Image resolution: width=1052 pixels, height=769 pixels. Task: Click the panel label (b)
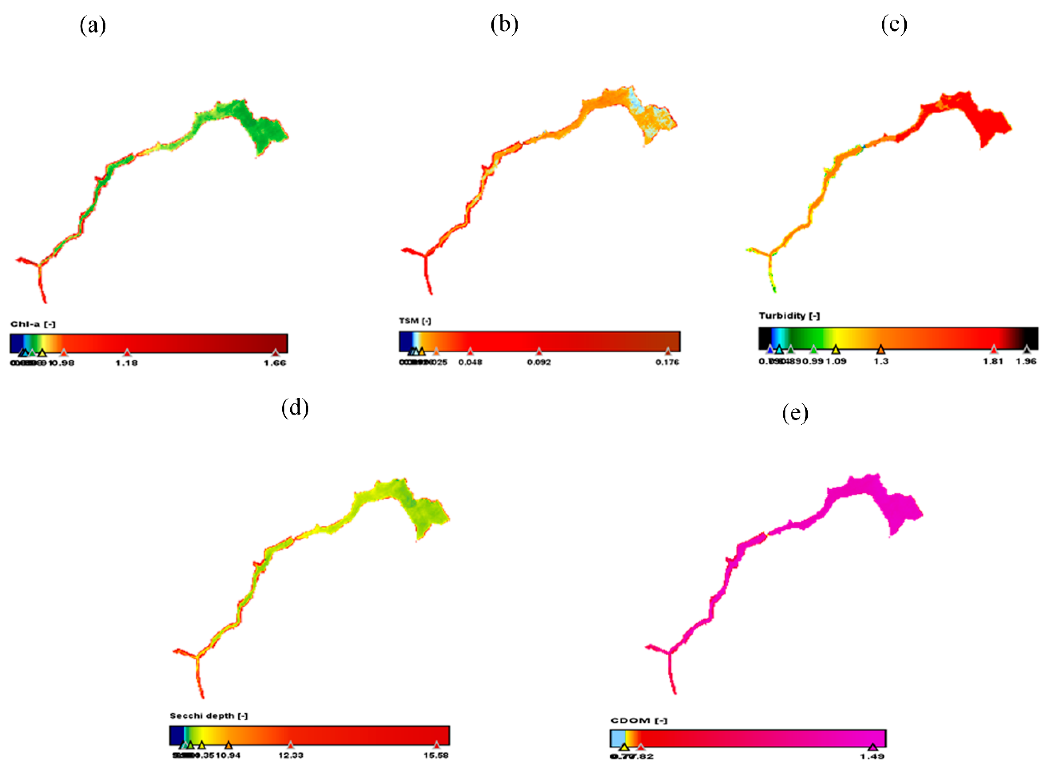(504, 25)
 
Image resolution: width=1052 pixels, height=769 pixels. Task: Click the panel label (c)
(894, 25)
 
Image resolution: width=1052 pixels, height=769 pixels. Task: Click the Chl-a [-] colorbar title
(33, 324)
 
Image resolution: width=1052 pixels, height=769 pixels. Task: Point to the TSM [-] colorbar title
(415, 321)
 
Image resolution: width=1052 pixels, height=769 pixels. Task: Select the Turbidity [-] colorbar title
(789, 316)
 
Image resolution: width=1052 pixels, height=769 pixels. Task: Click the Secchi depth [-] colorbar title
(209, 715)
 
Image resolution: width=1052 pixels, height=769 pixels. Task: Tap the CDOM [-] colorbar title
(639, 720)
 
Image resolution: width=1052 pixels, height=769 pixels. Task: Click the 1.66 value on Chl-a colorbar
(275, 363)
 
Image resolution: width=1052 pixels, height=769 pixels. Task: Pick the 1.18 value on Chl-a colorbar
(127, 363)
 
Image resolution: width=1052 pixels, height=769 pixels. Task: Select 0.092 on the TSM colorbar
(539, 362)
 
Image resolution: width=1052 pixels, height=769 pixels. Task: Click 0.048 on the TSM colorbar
(470, 362)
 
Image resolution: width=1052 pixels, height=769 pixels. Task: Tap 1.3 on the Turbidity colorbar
(881, 361)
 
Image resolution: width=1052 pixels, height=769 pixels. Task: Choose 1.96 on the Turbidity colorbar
(1026, 361)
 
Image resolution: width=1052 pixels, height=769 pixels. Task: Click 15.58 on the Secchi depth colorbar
(436, 755)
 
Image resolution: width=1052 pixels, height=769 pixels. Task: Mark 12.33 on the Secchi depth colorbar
(291, 755)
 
